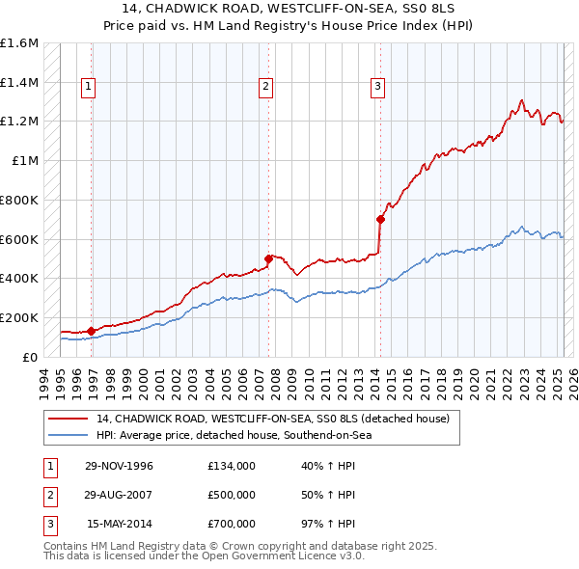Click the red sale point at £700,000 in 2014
point(380,219)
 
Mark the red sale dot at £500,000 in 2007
point(268,258)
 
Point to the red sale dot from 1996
point(91,330)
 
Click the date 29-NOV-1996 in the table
point(120,466)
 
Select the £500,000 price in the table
point(231,495)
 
